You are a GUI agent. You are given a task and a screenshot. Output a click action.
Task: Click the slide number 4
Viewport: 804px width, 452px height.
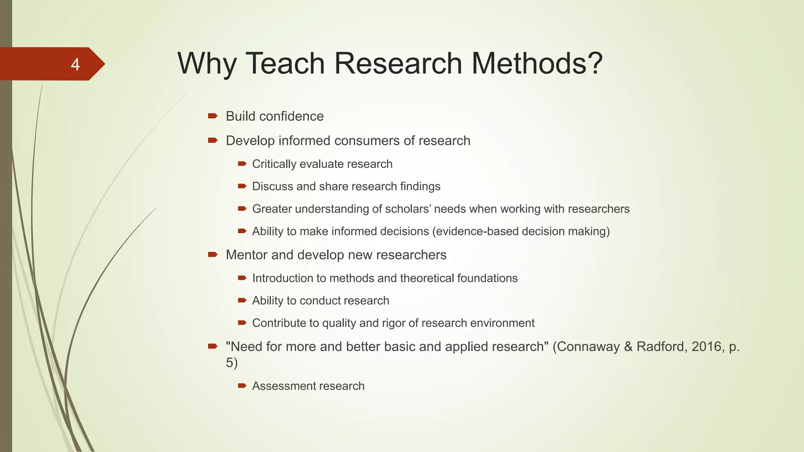[x=75, y=64]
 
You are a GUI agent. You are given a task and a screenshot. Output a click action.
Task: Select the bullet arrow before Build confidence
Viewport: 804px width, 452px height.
[x=213, y=116]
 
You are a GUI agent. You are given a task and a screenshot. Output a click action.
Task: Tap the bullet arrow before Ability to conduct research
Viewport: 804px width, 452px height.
[x=242, y=301]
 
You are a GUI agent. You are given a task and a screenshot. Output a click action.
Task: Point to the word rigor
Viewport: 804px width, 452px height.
[x=392, y=323]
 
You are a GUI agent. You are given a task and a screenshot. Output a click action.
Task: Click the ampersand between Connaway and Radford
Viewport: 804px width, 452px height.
[x=628, y=346]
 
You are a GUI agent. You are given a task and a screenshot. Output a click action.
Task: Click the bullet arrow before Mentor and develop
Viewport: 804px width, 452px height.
[x=213, y=255]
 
